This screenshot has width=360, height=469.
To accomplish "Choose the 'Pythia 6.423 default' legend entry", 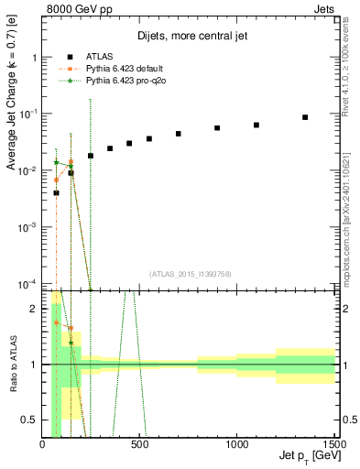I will coord(118,68).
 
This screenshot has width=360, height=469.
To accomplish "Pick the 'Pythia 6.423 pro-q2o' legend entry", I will coord(119,81).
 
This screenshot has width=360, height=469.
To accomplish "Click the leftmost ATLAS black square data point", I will coord(56,193).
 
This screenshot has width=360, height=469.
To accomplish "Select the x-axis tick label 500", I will coord(140,446).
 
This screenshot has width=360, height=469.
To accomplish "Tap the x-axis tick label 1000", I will coord(237,446).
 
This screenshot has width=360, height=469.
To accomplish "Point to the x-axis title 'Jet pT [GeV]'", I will coord(306,458).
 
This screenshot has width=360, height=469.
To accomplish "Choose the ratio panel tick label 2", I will coord(35,309).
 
